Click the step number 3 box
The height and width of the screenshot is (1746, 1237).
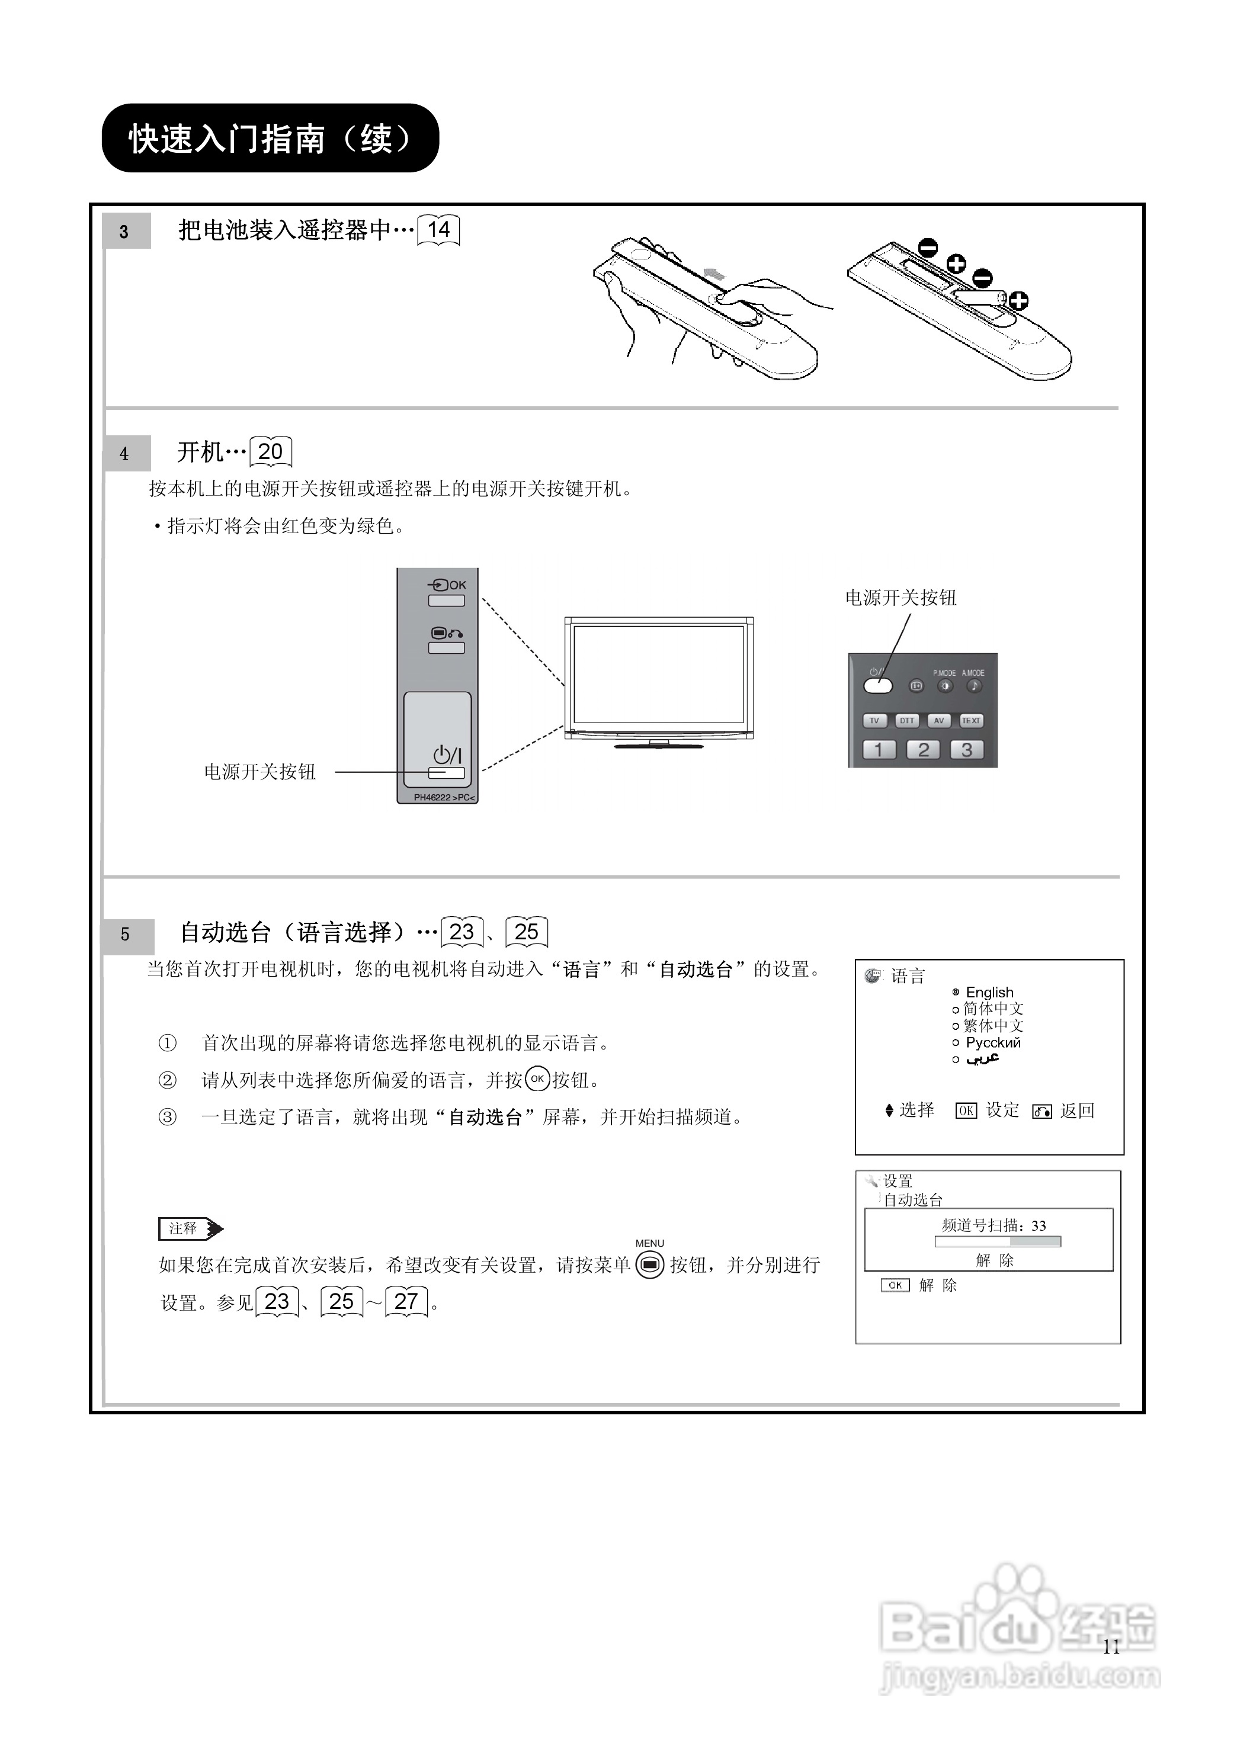point(126,232)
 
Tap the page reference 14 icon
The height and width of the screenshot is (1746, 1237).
point(439,230)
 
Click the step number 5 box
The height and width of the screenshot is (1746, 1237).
point(127,934)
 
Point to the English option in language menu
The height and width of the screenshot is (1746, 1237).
point(989,992)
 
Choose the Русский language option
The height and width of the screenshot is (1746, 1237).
point(992,1042)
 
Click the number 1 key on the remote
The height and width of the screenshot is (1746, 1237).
point(878,750)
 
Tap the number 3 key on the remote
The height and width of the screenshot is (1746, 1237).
point(967,750)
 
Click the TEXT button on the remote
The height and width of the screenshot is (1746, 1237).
point(970,720)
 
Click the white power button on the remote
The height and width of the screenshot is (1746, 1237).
point(877,685)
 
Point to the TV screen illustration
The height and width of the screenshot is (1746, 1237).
point(658,675)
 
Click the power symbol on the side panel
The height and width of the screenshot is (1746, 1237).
point(447,755)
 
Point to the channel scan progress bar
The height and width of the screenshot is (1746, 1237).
point(997,1242)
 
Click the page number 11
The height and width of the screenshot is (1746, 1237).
point(1111,1647)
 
